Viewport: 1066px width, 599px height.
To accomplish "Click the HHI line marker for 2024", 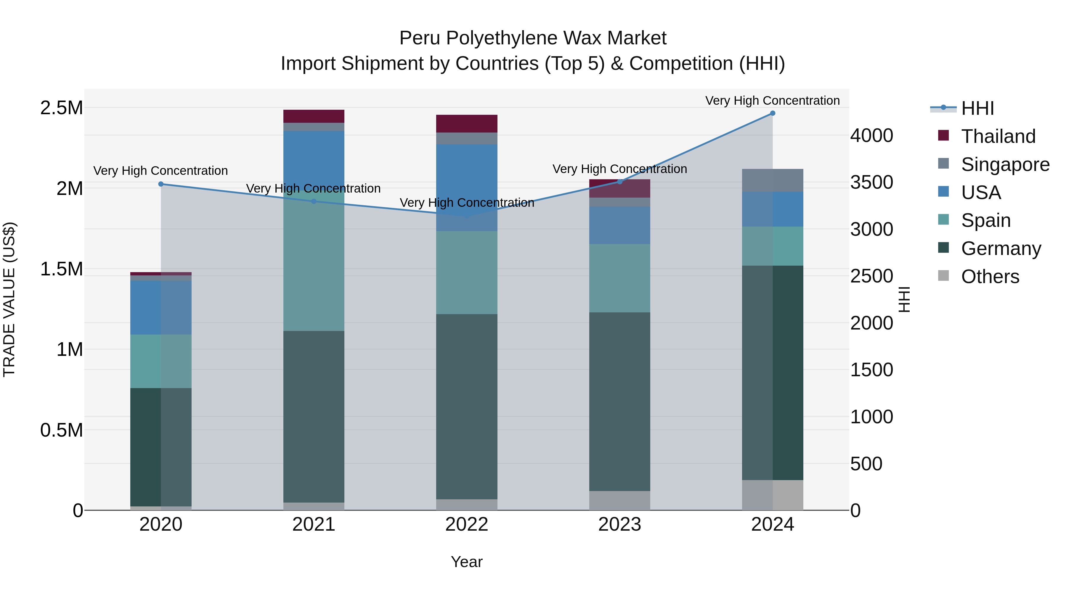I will click(772, 113).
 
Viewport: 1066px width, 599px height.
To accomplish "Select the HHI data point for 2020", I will click(161, 184).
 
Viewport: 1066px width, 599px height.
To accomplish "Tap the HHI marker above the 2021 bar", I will click(314, 201).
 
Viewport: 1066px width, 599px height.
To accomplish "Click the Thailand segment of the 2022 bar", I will click(466, 124).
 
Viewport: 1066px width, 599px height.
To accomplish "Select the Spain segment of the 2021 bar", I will click(314, 264).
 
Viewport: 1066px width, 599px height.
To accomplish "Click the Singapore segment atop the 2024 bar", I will click(772, 180).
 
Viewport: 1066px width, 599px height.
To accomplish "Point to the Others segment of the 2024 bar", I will click(772, 495).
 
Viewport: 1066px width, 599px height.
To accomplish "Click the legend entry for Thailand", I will click(998, 136).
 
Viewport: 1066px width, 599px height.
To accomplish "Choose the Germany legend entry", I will click(1001, 248).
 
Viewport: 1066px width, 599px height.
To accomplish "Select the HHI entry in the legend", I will click(977, 108).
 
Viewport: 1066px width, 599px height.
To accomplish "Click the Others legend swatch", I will click(943, 276).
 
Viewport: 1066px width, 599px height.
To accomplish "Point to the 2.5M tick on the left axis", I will click(61, 108).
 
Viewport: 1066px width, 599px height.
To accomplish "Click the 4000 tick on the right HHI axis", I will click(871, 135).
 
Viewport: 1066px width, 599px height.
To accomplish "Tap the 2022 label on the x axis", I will click(466, 524).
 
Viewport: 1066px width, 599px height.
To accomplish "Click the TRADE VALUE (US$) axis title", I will click(9, 299).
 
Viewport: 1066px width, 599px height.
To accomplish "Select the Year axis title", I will click(466, 562).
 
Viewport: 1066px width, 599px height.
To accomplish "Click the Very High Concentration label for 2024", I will click(772, 101).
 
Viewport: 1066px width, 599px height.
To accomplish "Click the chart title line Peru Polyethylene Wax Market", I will click(533, 38).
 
